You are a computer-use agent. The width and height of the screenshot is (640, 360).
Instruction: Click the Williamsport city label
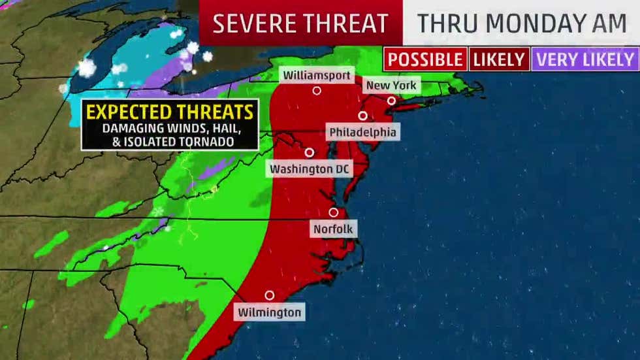(x=317, y=74)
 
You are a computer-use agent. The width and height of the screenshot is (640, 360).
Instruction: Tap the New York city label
(x=391, y=86)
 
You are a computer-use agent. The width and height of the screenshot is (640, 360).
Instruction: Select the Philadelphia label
(x=362, y=132)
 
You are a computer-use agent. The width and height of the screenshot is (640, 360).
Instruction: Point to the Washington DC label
(x=310, y=169)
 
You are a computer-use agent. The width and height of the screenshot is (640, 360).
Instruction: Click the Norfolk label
(x=333, y=229)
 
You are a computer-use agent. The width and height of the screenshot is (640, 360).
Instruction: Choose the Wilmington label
(x=269, y=312)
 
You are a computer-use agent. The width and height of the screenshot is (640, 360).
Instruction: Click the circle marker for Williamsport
(x=317, y=91)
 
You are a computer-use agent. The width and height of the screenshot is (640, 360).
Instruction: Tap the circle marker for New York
(x=391, y=101)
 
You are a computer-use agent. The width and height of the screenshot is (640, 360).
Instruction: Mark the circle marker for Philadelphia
(x=362, y=116)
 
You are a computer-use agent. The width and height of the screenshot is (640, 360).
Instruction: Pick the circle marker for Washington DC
(x=310, y=152)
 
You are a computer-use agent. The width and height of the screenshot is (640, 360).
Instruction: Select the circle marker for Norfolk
(x=333, y=212)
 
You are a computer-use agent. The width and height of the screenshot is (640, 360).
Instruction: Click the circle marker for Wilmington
(x=269, y=295)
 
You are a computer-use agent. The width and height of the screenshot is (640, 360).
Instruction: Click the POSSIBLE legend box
(x=425, y=59)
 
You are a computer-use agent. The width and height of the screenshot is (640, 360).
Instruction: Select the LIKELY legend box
(x=499, y=59)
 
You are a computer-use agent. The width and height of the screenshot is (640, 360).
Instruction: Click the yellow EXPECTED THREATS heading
(x=170, y=111)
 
